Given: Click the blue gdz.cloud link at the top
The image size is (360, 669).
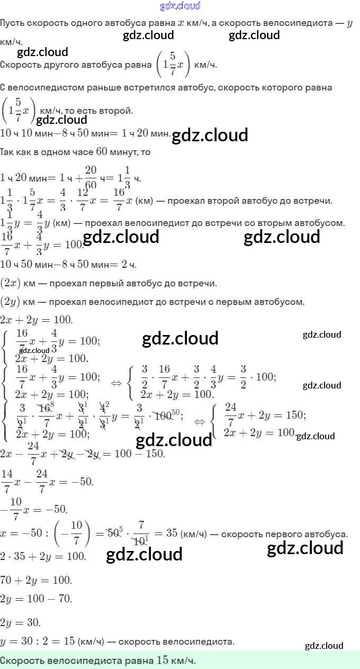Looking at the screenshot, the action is point(180,6).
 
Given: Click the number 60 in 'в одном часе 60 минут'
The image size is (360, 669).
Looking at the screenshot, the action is point(102,152).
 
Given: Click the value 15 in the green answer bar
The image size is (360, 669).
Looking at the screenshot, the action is point(163,661).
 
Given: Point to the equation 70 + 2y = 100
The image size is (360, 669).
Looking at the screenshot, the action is point(36,580).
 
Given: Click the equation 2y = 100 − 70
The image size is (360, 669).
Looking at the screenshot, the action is point(36,599).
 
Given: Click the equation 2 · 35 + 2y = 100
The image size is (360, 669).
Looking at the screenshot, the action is point(43,556).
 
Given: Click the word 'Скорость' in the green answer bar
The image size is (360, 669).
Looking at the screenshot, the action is point(23,661).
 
